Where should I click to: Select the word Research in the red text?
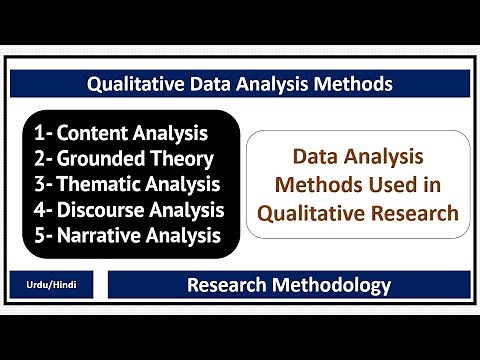[x=413, y=212]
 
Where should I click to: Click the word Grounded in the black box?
[x=103, y=158]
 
